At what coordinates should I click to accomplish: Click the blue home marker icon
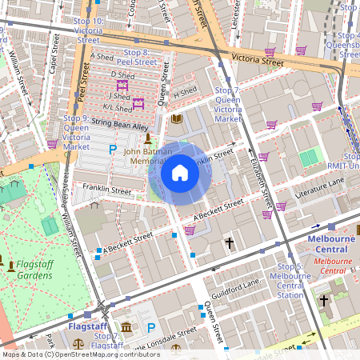pyautogui.click(x=180, y=173)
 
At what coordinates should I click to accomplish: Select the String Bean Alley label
pyautogui.click(x=120, y=126)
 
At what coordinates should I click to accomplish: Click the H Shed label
pyautogui.click(x=185, y=94)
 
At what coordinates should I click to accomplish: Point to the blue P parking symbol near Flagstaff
pyautogui.click(x=151, y=328)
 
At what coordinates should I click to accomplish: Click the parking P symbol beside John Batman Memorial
pyautogui.click(x=113, y=150)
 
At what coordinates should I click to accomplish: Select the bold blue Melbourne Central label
pyautogui.click(x=332, y=243)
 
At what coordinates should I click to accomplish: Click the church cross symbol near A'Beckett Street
pyautogui.click(x=230, y=242)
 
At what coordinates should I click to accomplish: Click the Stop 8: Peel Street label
pyautogui.click(x=138, y=56)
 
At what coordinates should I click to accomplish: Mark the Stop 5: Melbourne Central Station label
pyautogui.click(x=290, y=281)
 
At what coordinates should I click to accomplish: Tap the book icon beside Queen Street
pyautogui.click(x=177, y=120)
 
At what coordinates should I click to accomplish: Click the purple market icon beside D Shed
pyautogui.click(x=122, y=84)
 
